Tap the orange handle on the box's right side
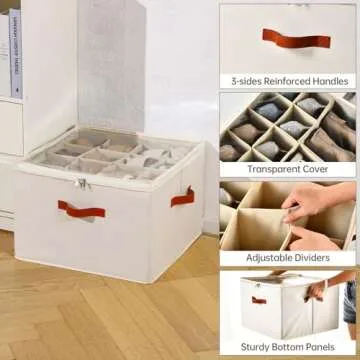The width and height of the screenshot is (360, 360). [x=182, y=196]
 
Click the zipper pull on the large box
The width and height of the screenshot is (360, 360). [x=82, y=183]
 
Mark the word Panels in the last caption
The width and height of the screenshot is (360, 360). [x=327, y=346]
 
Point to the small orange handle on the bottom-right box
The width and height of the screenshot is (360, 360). [x=258, y=299]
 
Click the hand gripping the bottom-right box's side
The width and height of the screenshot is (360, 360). [x=318, y=291]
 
